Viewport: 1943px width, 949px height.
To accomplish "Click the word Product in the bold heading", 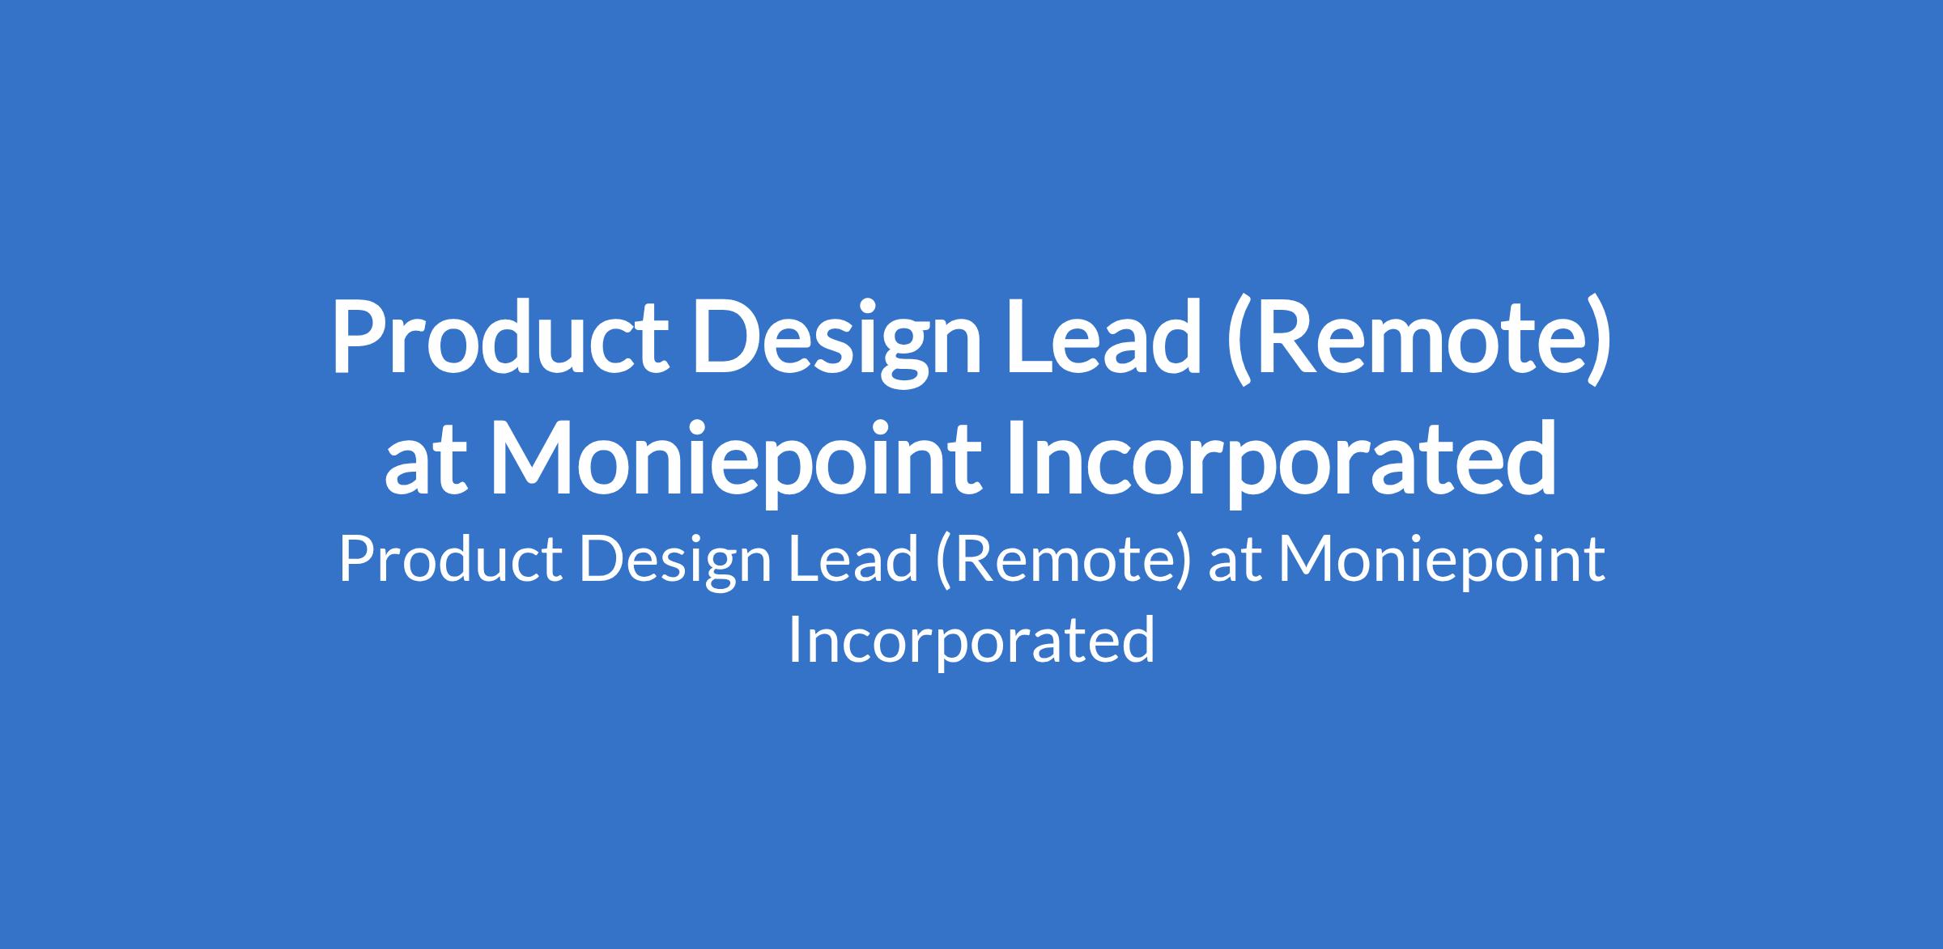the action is pyautogui.click(x=500, y=337).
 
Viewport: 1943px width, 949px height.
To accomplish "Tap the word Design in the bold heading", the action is pyautogui.click(x=836, y=345).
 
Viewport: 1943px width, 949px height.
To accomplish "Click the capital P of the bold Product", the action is pyautogui.click(x=358, y=338).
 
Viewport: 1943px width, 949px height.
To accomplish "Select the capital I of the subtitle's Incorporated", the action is pyautogui.click(x=794, y=640).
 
